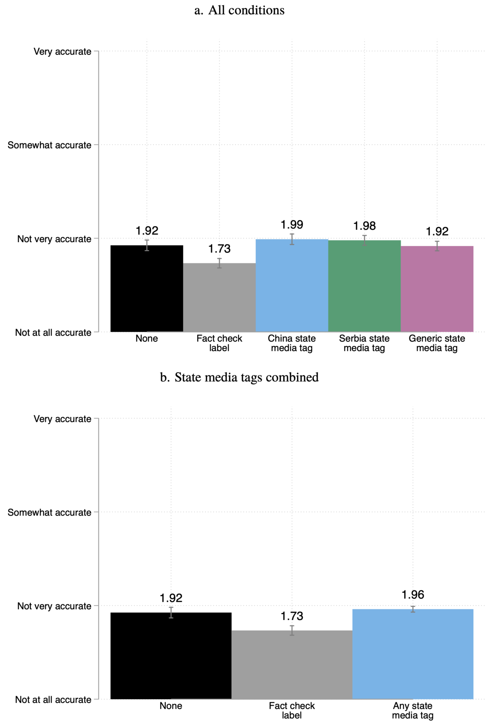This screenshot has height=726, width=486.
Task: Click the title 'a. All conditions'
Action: (239, 10)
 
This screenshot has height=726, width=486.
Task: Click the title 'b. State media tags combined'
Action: (239, 378)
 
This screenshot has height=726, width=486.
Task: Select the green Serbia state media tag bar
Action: (364, 287)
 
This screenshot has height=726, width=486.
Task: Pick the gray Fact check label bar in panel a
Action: (219, 298)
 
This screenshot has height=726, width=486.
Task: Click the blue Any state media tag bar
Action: (413, 653)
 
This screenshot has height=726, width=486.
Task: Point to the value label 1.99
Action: (292, 225)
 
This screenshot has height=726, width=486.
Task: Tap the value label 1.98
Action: (364, 226)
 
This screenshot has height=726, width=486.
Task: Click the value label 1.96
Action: (413, 595)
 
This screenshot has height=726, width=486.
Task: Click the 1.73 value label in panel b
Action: (292, 616)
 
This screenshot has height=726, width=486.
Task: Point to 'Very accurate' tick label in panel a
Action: (62, 52)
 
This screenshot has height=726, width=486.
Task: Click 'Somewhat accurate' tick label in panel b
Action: (49, 512)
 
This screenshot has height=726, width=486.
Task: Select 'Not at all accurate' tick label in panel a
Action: (53, 333)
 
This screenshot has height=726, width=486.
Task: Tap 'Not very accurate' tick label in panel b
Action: (54, 606)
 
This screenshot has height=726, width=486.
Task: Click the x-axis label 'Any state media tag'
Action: (413, 710)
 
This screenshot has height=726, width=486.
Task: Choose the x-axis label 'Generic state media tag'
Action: (437, 343)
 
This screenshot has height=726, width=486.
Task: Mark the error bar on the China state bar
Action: (292, 239)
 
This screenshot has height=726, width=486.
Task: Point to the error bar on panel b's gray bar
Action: (292, 631)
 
